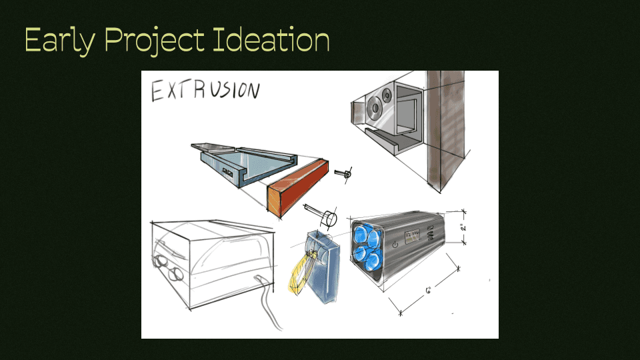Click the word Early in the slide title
pyautogui.click(x=60, y=41)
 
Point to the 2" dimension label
pyautogui.click(x=463, y=226)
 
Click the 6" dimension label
pyautogui.click(x=429, y=290)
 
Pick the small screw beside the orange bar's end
pyautogui.click(x=345, y=173)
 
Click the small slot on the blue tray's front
pyautogui.click(x=228, y=172)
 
